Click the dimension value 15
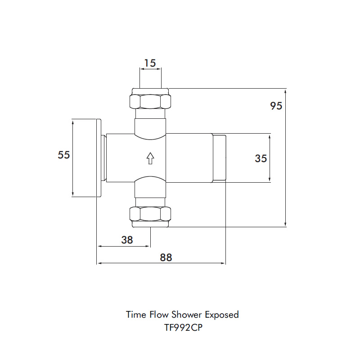click(x=150, y=63)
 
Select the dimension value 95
click(x=276, y=106)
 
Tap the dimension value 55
click(x=64, y=155)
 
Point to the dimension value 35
click(x=261, y=158)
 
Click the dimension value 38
click(x=127, y=240)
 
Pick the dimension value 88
click(x=166, y=257)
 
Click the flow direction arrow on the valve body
click(x=150, y=158)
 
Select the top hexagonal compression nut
click(x=150, y=101)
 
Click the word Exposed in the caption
click(x=222, y=315)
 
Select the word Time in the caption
click(x=135, y=315)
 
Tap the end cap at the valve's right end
click(x=219, y=158)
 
